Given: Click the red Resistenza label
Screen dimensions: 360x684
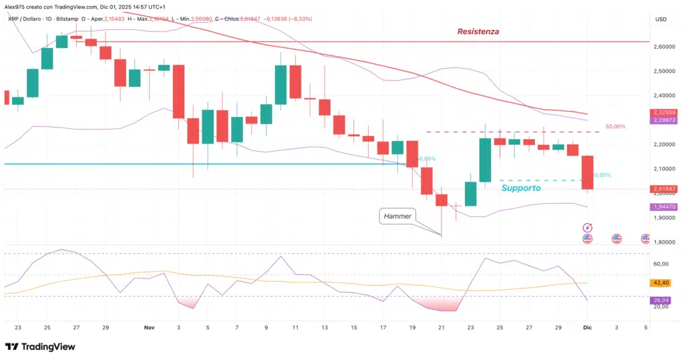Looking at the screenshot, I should pyautogui.click(x=478, y=31).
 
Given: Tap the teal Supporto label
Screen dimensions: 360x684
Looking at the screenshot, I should pyautogui.click(x=521, y=188).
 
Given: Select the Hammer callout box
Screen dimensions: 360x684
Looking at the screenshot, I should pyautogui.click(x=397, y=216).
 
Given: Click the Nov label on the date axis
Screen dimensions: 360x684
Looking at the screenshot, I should pyautogui.click(x=149, y=327).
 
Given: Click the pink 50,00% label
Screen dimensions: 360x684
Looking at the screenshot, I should pyautogui.click(x=615, y=126).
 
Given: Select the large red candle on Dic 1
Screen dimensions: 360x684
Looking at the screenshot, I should pyautogui.click(x=587, y=172).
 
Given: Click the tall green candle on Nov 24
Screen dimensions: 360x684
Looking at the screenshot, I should pyautogui.click(x=485, y=159).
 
